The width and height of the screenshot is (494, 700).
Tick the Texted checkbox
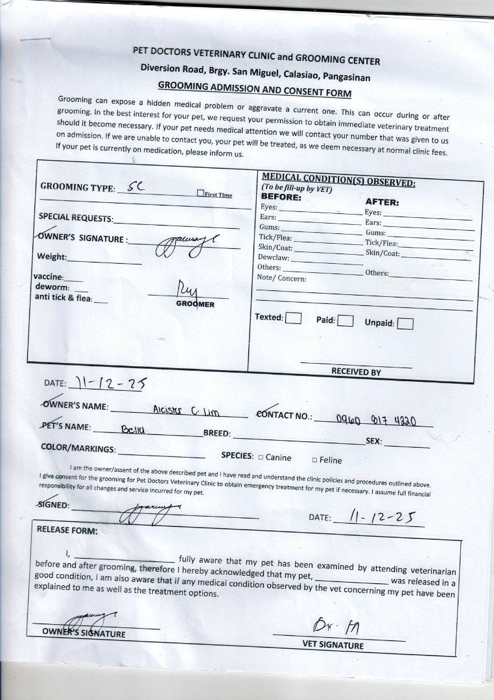point(294,318)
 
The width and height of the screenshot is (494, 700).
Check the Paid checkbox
point(345,320)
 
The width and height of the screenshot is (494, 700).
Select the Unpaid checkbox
point(405,323)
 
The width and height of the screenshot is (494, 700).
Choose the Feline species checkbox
point(314,460)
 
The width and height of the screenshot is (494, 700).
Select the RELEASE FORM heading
point(67,530)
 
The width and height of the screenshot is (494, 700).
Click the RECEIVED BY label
point(356,372)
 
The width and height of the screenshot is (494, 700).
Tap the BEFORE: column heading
point(281,196)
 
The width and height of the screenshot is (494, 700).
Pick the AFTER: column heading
point(382,202)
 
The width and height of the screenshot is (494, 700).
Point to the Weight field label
point(52,257)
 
